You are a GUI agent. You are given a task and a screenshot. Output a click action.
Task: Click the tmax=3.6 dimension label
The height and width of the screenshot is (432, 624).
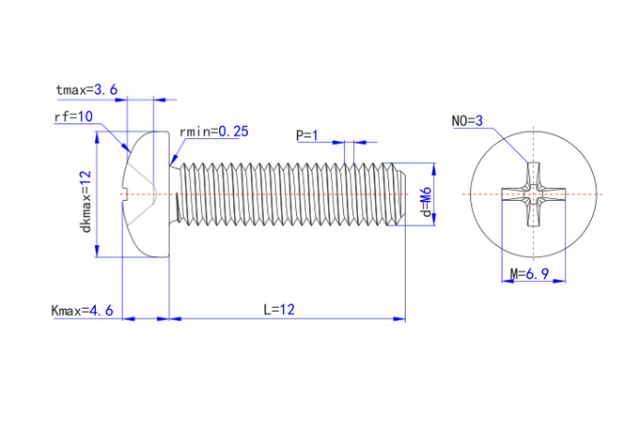point(86,90)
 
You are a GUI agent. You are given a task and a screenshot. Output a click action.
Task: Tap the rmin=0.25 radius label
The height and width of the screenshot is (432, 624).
point(213,132)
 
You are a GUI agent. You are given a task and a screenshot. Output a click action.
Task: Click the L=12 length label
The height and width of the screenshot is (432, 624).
point(281,309)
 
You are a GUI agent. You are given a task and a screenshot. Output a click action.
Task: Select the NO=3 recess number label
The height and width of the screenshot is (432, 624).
point(466,121)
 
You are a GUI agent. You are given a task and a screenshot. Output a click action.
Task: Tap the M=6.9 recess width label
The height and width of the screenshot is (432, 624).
point(529,274)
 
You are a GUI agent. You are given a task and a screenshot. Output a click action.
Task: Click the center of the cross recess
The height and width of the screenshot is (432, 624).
point(533,195)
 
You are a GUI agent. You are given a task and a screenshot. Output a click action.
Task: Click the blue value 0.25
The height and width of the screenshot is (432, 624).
point(233,132)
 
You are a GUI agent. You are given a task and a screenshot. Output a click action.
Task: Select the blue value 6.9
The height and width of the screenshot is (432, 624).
point(538,274)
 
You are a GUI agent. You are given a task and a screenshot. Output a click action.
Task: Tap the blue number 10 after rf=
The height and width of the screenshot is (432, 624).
point(86,117)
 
